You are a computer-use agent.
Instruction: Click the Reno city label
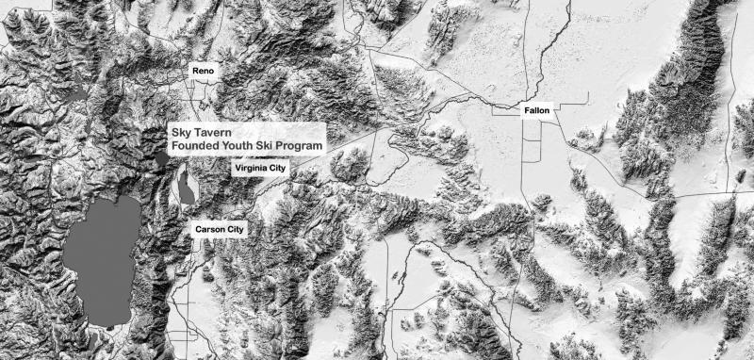203,72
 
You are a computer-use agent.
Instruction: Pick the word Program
305,147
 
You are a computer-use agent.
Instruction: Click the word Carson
208,229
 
